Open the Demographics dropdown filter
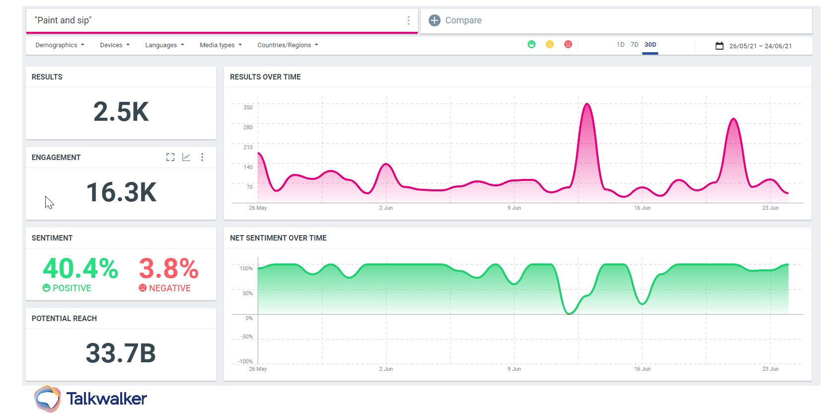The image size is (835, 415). pyautogui.click(x=60, y=45)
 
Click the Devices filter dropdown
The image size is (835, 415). pyautogui.click(x=115, y=45)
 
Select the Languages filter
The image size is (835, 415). pyautogui.click(x=164, y=45)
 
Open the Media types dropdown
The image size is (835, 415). pyautogui.click(x=221, y=45)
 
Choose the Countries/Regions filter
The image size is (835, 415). pyautogui.click(x=288, y=45)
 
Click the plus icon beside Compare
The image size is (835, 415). pyautogui.click(x=435, y=20)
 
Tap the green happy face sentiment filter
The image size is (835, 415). pyautogui.click(x=531, y=44)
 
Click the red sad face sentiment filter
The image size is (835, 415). pyautogui.click(x=568, y=44)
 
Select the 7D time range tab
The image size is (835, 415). pyautogui.click(x=634, y=45)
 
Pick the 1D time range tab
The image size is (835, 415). pyautogui.click(x=620, y=45)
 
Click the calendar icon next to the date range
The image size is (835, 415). pyautogui.click(x=719, y=46)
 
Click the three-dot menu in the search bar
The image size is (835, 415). pyautogui.click(x=408, y=20)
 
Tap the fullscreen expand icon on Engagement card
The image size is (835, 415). pyautogui.click(x=170, y=157)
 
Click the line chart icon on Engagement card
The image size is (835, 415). pyautogui.click(x=186, y=157)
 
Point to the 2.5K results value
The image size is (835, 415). pyautogui.click(x=121, y=112)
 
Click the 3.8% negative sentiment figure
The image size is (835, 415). pyautogui.click(x=168, y=269)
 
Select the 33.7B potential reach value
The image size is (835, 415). pyautogui.click(x=121, y=353)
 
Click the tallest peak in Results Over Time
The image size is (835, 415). pyautogui.click(x=587, y=105)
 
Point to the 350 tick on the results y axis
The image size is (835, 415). pyautogui.click(x=248, y=107)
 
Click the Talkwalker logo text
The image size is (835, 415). pyautogui.click(x=106, y=399)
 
